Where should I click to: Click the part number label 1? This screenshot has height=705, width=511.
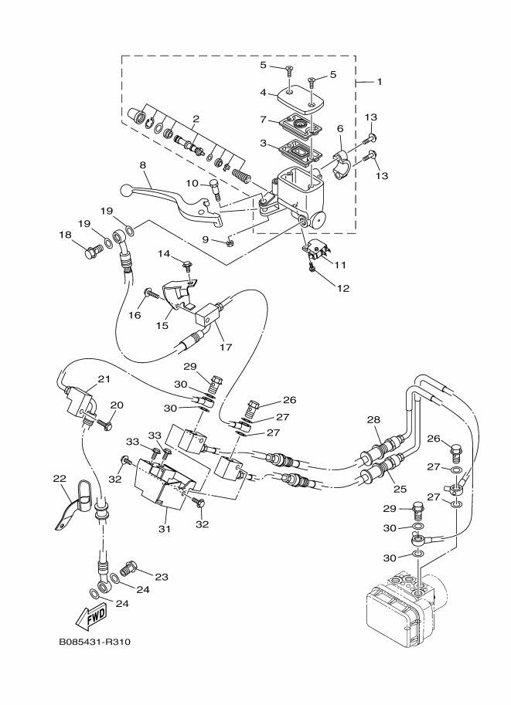point(379,81)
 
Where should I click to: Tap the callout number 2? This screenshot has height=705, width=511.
point(196,119)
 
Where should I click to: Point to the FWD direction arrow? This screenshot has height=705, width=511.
point(92,615)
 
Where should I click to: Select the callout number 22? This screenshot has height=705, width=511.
point(59,478)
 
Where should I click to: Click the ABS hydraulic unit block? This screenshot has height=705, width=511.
point(402,610)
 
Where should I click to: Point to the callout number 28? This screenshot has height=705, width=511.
point(373,419)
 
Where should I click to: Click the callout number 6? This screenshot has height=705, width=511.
point(339,129)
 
